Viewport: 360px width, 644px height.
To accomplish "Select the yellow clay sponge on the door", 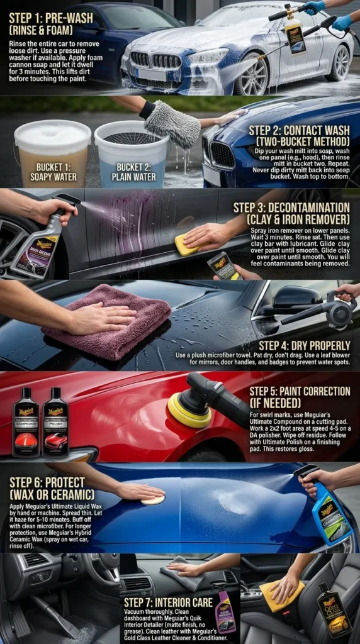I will (186, 245).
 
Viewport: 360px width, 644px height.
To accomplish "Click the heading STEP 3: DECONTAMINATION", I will (291, 213).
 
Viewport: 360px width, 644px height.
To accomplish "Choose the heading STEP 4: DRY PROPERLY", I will (305, 345).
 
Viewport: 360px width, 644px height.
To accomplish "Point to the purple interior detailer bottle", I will (225, 608).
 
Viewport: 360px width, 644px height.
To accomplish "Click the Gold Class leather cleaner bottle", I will (334, 609).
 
